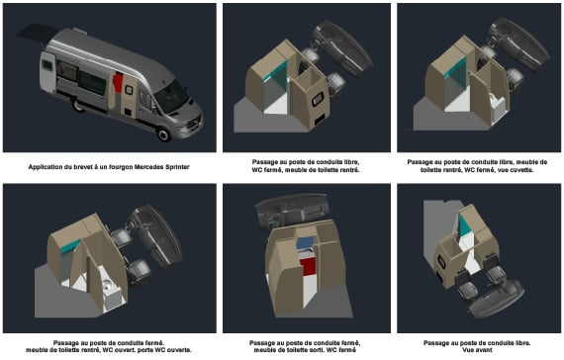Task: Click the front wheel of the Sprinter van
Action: coord(164,135)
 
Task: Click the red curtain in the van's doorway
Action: coord(119,82)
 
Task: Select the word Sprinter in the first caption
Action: coord(178,167)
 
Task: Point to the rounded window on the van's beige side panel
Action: coord(129,90)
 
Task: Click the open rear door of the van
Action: coord(47,72)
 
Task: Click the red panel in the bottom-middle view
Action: coord(308,266)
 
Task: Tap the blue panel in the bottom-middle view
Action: coord(306,243)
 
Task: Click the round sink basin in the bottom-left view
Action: coord(108,286)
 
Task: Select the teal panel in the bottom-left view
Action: coord(70,246)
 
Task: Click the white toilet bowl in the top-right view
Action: coord(498,104)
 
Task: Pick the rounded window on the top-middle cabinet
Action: coord(318,99)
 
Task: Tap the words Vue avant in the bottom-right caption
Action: coord(477,350)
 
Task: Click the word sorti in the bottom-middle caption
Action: coord(329,350)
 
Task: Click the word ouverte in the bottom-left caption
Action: coord(179,350)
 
